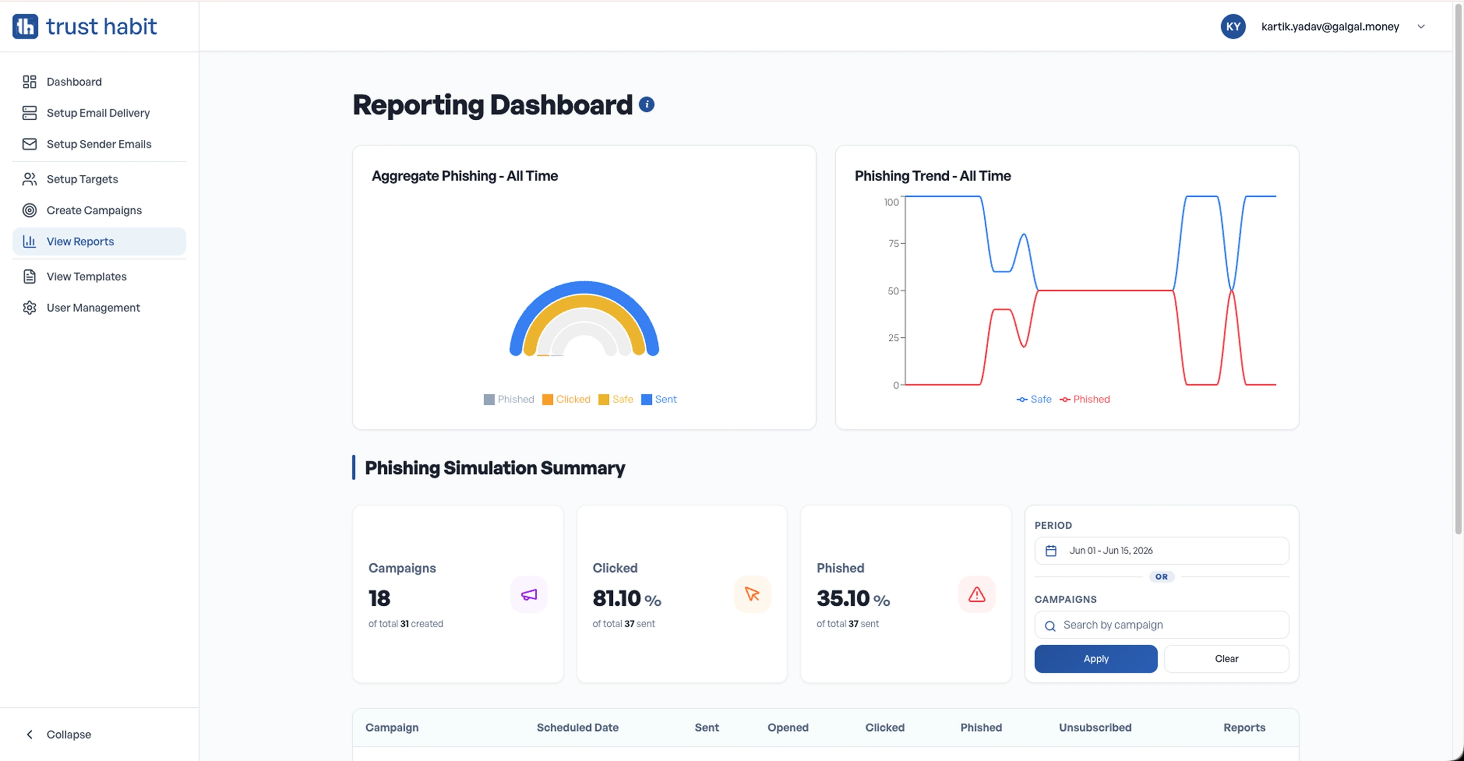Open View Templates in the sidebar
coord(86,277)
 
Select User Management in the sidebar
coord(93,308)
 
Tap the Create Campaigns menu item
coord(94,211)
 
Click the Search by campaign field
coord(1162,625)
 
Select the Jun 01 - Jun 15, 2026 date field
coord(1162,551)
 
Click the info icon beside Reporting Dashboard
coord(647,105)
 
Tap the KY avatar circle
coord(1233,27)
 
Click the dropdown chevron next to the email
coord(1421,27)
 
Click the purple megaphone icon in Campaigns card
coord(529,595)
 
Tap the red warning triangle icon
coord(977,595)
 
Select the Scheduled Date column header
coord(578,728)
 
